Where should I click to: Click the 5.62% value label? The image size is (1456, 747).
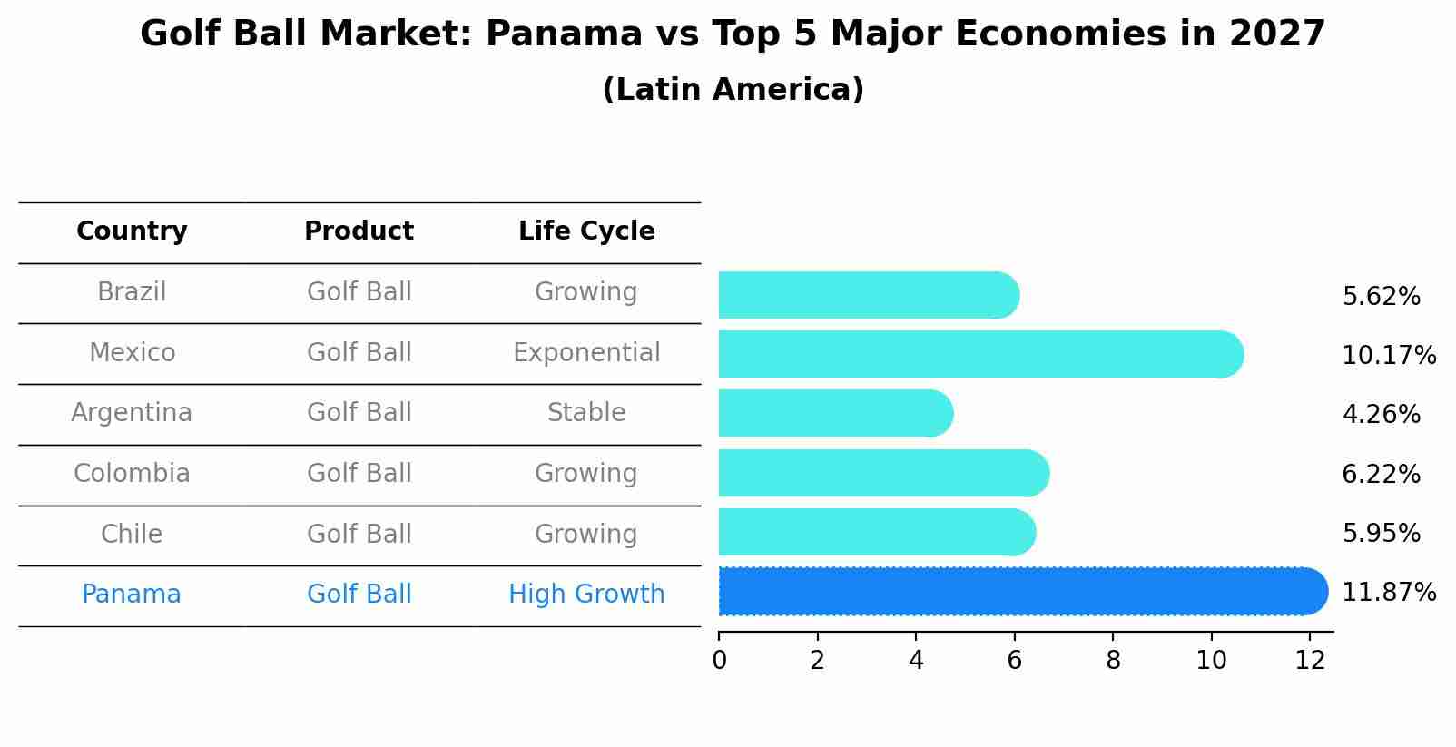[1381, 297]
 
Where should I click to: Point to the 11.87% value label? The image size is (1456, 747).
[1388, 593]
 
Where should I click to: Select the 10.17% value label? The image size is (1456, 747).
[1388, 356]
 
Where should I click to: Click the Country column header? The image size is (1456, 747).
[132, 231]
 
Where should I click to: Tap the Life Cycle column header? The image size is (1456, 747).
[586, 231]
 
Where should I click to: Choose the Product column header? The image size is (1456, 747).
[359, 231]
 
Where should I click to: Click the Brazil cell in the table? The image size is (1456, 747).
[132, 292]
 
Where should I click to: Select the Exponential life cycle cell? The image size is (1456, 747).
[586, 353]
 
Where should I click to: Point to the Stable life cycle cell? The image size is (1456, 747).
[586, 413]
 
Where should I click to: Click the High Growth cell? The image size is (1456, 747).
[586, 595]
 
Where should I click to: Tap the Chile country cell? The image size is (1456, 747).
[132, 534]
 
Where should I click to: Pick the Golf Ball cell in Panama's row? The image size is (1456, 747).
[359, 595]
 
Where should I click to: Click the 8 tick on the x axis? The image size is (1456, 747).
[1113, 661]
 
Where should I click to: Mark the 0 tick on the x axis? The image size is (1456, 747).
[719, 661]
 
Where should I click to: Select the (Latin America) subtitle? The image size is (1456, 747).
[733, 90]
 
